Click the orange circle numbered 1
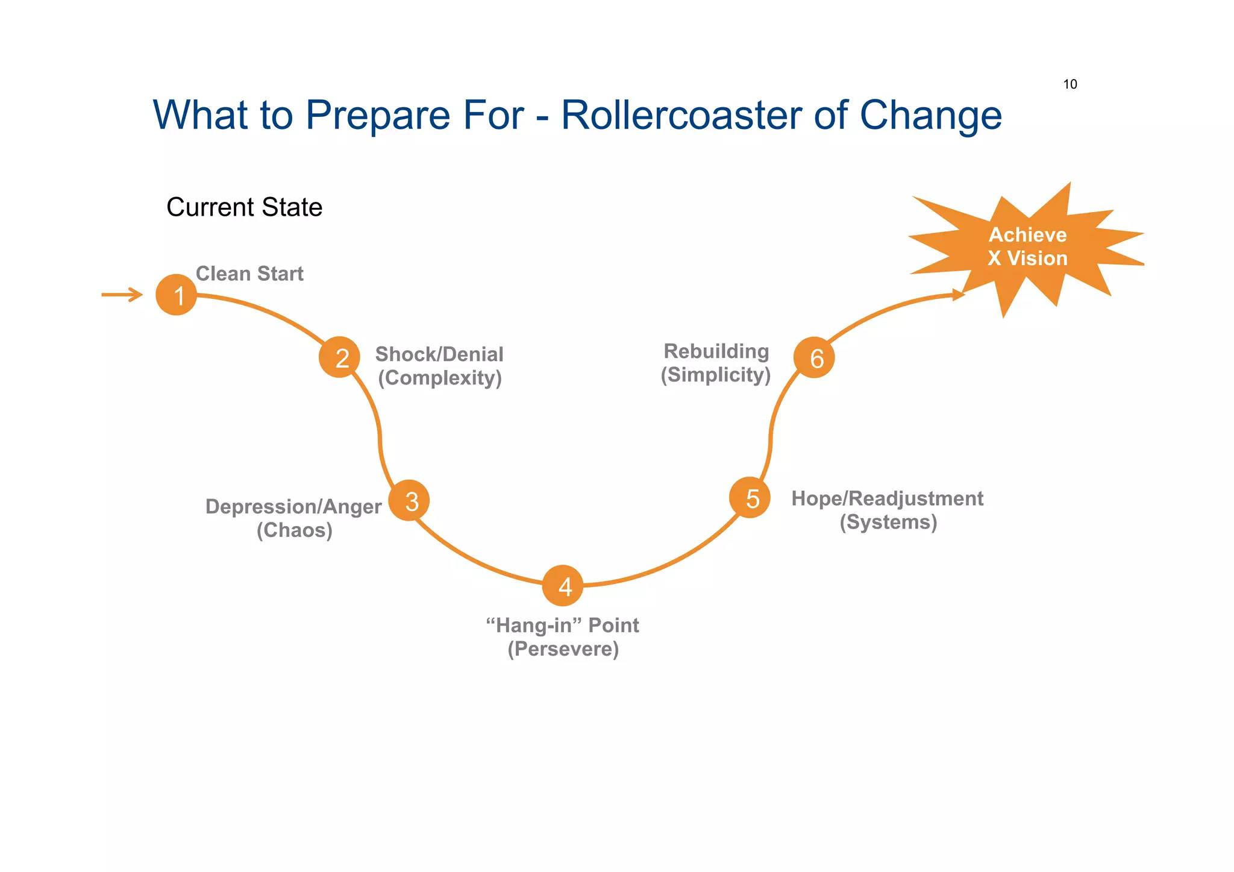tap(176, 295)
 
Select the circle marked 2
tap(339, 357)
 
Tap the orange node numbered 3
tap(409, 500)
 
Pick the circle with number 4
tap(563, 586)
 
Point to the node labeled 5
tap(750, 498)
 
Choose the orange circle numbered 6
tap(814, 357)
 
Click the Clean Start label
tap(249, 274)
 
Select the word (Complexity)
tap(440, 378)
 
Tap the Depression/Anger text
tap(293, 506)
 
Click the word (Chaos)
tap(295, 530)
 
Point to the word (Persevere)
tap(563, 649)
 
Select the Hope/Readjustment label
tap(887, 498)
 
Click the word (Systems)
tap(888, 522)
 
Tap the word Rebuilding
tap(716, 351)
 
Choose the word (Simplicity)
tap(716, 375)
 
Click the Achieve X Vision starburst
tap(1027, 247)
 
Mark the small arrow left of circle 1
tap(122, 295)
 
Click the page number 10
tap(1070, 84)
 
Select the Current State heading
tap(244, 207)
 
